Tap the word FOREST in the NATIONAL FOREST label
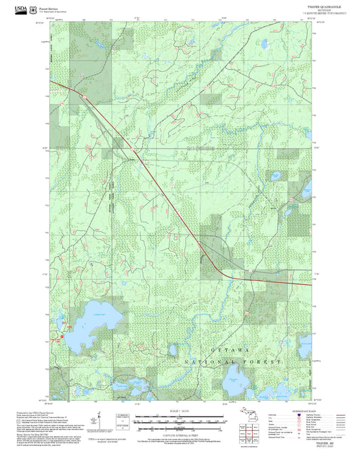tap(266, 363)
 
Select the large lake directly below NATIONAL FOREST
tap(236, 384)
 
